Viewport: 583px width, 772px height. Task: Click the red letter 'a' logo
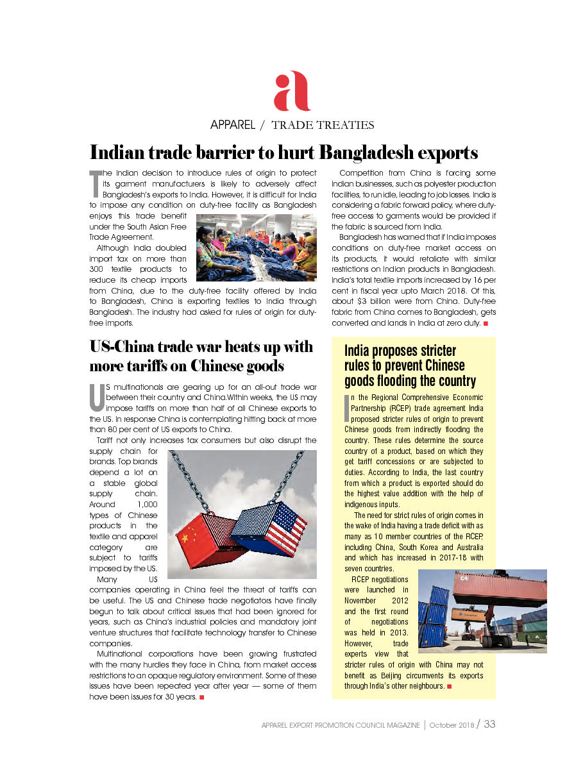point(292,92)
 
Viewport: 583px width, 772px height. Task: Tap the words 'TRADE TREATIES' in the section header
point(323,125)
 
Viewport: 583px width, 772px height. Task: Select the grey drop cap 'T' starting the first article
point(94,183)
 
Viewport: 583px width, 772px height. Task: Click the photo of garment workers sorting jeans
point(256,248)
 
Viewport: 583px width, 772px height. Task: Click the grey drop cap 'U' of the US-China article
point(96,398)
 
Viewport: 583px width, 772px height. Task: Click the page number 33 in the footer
point(489,724)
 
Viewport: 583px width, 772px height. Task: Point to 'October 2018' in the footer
point(452,725)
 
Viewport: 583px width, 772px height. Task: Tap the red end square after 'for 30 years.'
point(201,697)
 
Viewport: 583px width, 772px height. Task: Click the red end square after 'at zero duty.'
point(486,323)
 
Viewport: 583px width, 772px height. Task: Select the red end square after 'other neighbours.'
point(450,686)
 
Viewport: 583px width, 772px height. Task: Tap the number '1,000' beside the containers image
point(147,505)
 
